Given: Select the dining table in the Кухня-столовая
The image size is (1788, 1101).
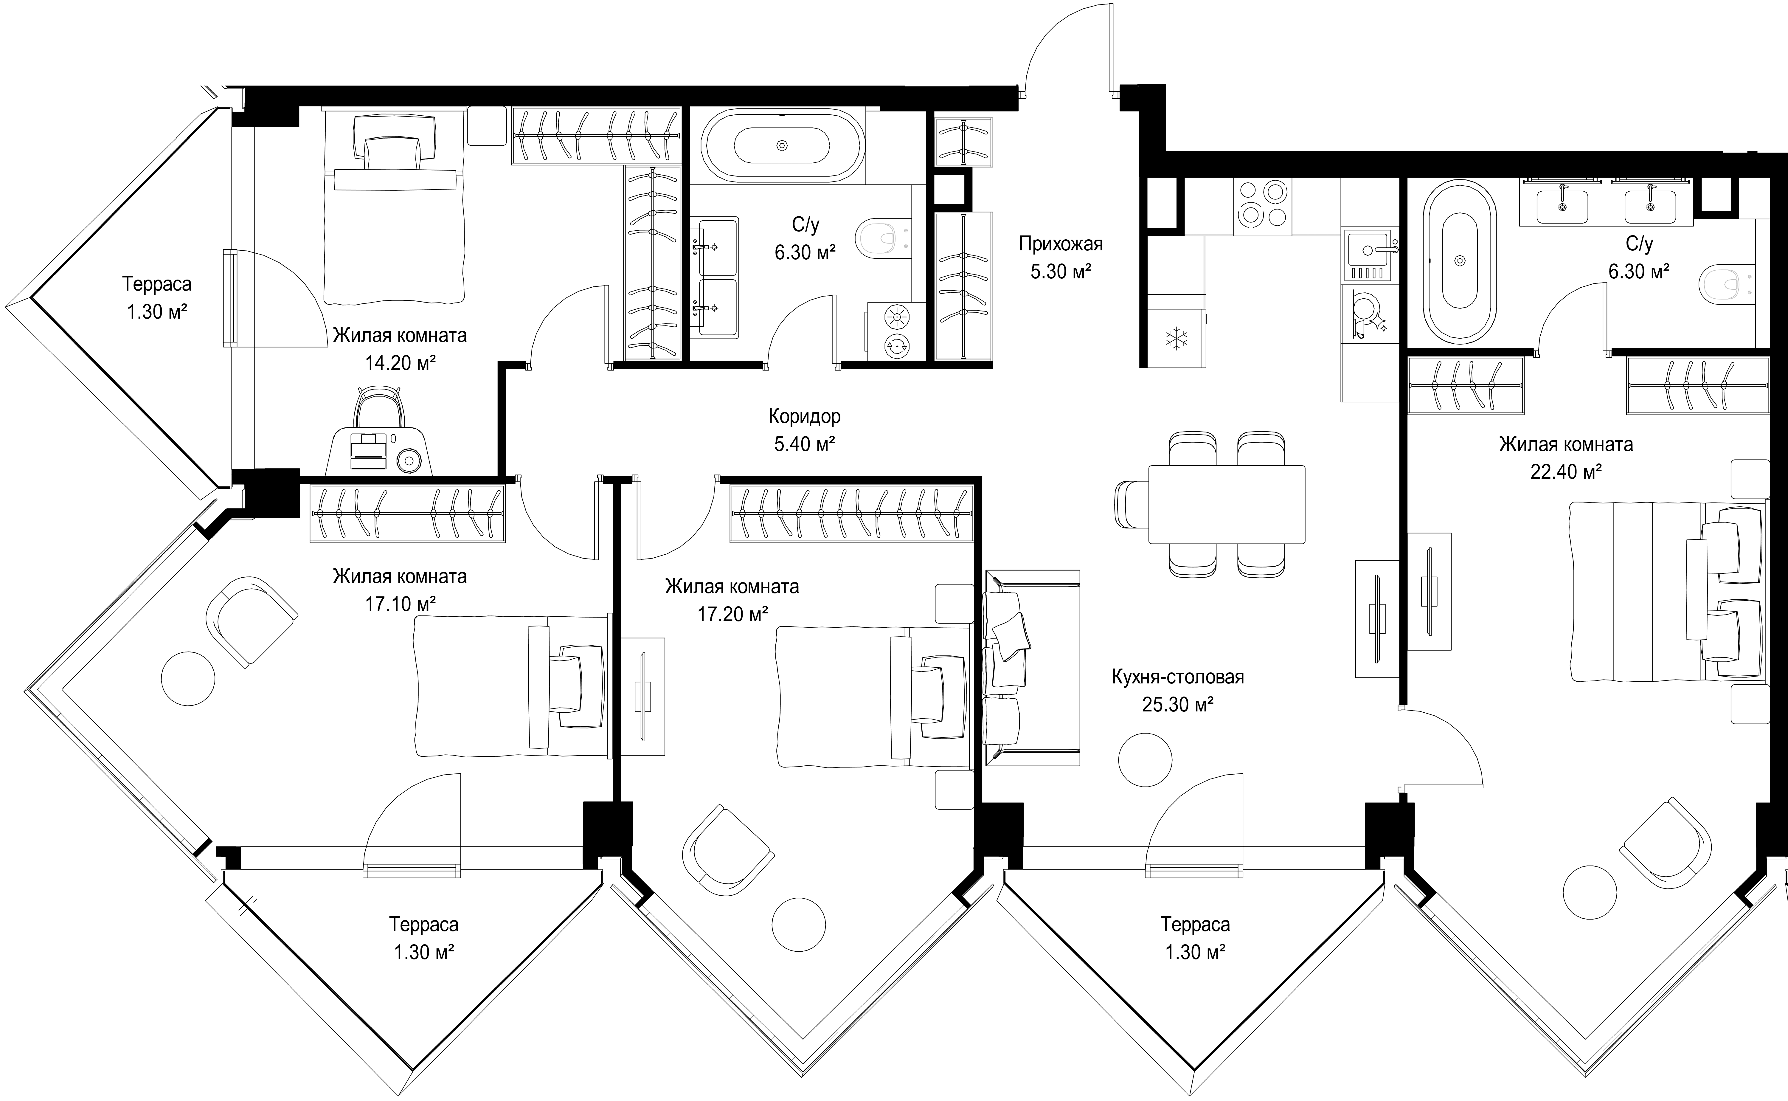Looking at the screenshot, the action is [x=1227, y=504].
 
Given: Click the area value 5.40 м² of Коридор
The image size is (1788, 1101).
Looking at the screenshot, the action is [x=805, y=443].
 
